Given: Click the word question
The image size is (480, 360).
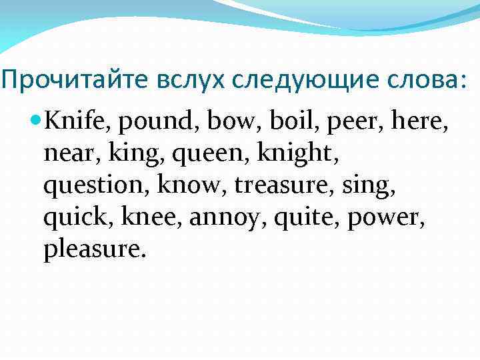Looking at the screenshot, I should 95,187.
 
